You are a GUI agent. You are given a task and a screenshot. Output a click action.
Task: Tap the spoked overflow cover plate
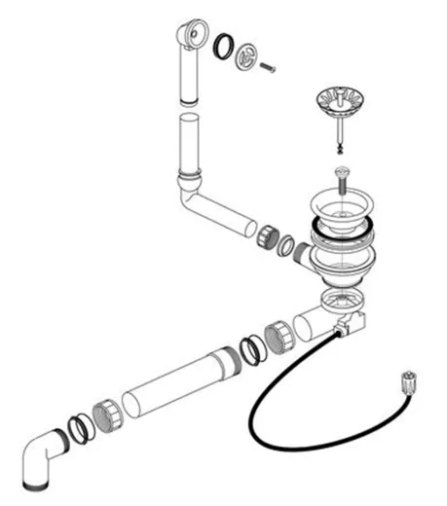click(x=248, y=55)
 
